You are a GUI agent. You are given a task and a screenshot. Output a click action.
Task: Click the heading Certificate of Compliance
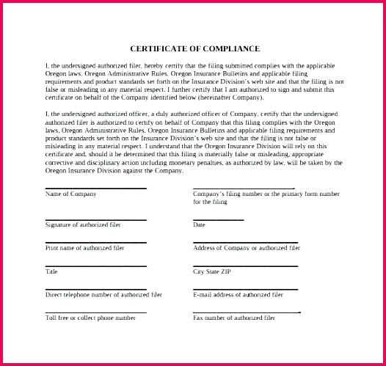tap(194, 49)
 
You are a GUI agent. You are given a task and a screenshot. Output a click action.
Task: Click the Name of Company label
tap(71, 194)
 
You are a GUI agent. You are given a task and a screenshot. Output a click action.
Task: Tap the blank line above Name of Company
tap(95, 189)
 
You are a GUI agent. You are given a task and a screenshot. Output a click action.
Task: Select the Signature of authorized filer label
tap(83, 224)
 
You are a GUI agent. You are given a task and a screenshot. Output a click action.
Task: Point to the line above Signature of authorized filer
tap(95, 219)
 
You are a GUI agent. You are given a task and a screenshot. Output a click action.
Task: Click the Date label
tap(199, 224)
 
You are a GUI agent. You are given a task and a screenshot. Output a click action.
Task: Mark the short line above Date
tap(218, 219)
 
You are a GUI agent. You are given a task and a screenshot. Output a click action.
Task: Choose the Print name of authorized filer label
tap(85, 248)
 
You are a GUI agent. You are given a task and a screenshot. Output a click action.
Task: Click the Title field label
tap(51, 271)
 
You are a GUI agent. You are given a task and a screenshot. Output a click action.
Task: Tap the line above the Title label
tap(95, 266)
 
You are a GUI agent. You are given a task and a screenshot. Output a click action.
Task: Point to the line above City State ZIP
tap(245, 266)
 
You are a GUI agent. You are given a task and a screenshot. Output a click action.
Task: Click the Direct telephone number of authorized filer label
tap(103, 294)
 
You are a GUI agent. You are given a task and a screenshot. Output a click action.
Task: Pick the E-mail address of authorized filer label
tap(238, 294)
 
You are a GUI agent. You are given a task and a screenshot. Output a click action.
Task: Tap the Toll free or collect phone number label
tap(90, 318)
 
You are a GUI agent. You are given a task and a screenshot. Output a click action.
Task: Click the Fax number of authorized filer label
tap(234, 318)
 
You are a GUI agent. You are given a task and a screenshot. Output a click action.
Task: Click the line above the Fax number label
tap(247, 312)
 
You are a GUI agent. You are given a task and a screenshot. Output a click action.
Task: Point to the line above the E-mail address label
tap(245, 289)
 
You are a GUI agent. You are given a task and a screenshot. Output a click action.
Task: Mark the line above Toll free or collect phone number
tap(95, 312)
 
